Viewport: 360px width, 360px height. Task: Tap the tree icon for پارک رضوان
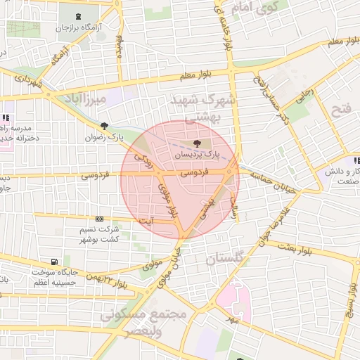[105, 126]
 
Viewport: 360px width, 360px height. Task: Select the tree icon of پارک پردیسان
[195, 143]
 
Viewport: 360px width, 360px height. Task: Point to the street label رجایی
[303, 98]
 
